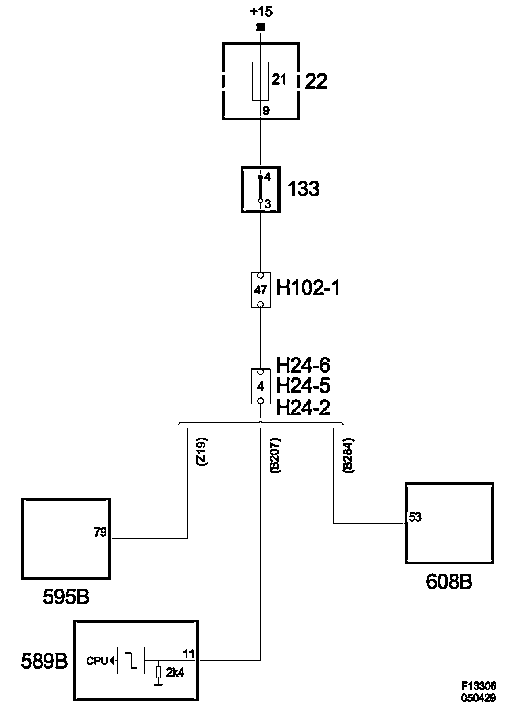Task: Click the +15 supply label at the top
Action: (x=261, y=12)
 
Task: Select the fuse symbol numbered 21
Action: (x=260, y=81)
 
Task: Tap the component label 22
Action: (x=316, y=82)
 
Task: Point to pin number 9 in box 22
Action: (x=266, y=111)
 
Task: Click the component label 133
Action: (x=304, y=189)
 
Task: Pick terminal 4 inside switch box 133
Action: (x=267, y=177)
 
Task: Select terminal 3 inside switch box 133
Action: (x=267, y=204)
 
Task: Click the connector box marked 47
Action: (x=261, y=290)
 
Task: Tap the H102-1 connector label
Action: (x=308, y=289)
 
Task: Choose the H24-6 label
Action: (x=304, y=366)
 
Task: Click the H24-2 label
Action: (x=304, y=408)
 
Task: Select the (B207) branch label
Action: (x=275, y=456)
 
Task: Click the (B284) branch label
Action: (x=348, y=456)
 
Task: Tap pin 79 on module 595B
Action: (x=100, y=532)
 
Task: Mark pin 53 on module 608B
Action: (x=415, y=517)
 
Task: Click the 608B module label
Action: (x=449, y=582)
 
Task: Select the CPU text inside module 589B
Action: (x=97, y=661)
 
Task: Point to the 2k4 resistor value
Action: (x=175, y=673)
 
